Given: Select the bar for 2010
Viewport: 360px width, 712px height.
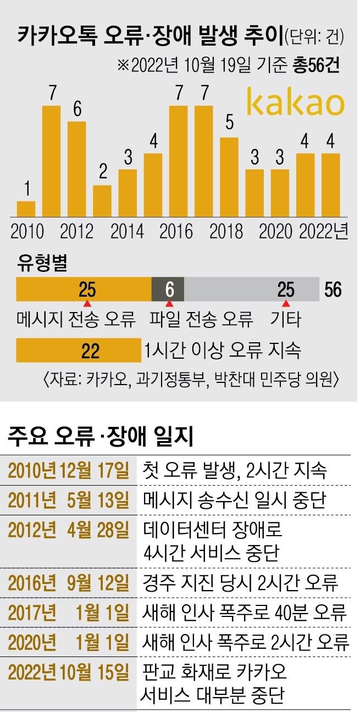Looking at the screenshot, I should (26, 209).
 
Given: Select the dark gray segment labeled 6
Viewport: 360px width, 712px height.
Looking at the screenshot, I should (168, 290).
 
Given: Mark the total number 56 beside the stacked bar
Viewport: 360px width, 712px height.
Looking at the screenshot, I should (333, 290).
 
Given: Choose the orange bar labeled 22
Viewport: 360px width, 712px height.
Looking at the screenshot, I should (79, 351).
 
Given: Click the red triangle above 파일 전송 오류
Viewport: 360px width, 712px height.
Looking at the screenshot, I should (169, 304).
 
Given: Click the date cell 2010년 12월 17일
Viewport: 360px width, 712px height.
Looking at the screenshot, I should (69, 470).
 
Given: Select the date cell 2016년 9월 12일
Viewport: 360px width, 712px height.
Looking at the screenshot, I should (69, 581).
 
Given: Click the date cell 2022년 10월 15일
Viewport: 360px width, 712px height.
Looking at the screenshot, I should (69, 672).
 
